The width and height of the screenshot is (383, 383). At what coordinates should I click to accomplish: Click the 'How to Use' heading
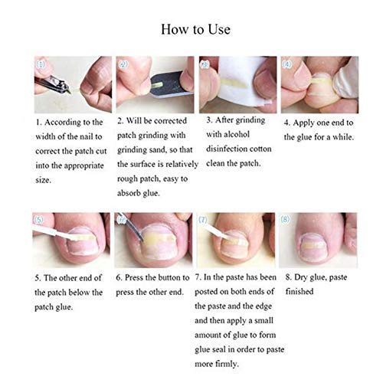[x=195, y=29]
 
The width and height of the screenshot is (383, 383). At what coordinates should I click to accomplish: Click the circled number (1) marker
[x=41, y=64]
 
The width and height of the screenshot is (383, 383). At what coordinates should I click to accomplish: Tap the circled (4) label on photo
[x=286, y=64]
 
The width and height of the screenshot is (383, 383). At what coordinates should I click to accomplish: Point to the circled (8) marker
[x=285, y=219]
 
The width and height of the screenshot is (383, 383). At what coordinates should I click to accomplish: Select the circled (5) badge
[x=38, y=220]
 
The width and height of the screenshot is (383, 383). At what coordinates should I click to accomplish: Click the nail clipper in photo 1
[x=53, y=84]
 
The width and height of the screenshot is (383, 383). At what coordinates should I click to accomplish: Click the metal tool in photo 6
[x=131, y=227]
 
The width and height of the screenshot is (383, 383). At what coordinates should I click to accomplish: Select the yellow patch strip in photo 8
[x=313, y=246]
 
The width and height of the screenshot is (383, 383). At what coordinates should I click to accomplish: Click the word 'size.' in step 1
[x=43, y=180]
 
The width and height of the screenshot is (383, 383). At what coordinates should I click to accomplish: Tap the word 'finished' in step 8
[x=300, y=291]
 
